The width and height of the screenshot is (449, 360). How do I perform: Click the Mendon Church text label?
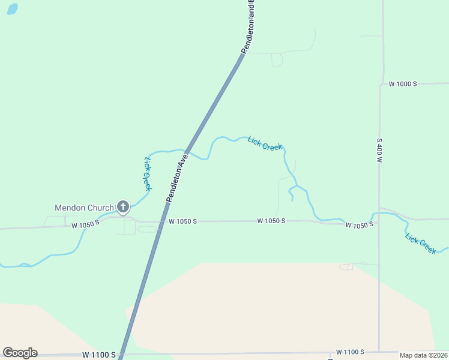pos(84,208)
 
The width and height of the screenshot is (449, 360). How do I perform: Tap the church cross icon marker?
pos(123,208)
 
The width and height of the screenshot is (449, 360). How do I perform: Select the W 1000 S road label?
pos(403,84)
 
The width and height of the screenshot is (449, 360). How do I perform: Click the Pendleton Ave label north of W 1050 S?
pos(178,177)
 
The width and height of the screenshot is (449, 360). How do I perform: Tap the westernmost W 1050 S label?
pos(85,225)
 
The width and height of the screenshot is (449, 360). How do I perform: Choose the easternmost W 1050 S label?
pos(359,224)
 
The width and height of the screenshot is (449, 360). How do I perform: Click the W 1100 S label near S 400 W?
pos(351,352)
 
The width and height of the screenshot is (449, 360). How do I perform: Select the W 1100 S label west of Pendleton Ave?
pos(99,355)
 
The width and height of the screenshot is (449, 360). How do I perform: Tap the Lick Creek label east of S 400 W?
pos(420,244)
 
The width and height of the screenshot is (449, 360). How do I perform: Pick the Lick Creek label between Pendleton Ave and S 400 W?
pos(265,144)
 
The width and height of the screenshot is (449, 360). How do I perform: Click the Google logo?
pos(20,353)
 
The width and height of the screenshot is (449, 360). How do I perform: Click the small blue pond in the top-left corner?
pos(12,9)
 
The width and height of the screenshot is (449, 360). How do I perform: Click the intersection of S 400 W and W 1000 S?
pos(379,84)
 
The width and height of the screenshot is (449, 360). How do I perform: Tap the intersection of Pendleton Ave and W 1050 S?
pos(161,221)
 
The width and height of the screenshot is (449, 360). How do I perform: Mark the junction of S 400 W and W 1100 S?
pos(379,352)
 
